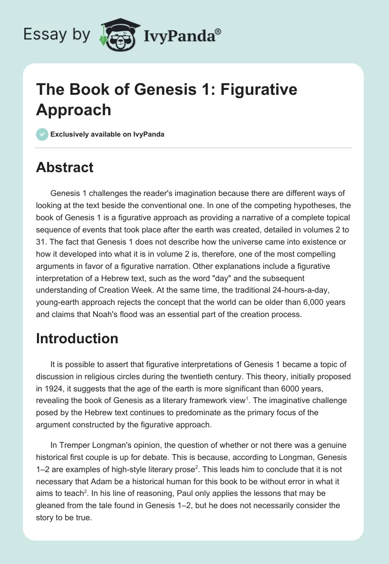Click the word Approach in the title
[x=73, y=109]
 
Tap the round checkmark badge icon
[x=42, y=134]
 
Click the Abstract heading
[x=65, y=167]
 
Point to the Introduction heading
[x=77, y=338]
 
